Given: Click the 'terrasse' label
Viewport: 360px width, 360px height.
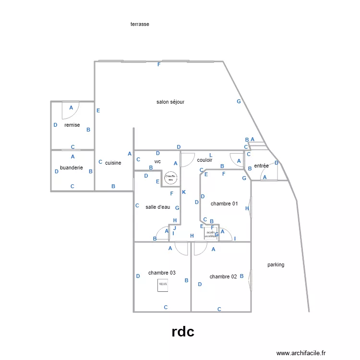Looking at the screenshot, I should pyautogui.click(x=140, y=24).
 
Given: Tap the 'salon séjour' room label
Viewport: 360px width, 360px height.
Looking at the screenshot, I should pyautogui.click(x=170, y=102).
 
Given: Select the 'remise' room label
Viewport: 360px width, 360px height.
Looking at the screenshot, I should pyautogui.click(x=72, y=125).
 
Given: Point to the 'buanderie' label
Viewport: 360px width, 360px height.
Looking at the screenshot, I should pyautogui.click(x=72, y=168).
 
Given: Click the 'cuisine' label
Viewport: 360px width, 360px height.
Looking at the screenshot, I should pyautogui.click(x=113, y=163).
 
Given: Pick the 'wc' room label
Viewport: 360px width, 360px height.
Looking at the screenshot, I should pyautogui.click(x=157, y=161).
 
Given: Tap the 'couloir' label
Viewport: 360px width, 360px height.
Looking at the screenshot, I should pyautogui.click(x=204, y=160).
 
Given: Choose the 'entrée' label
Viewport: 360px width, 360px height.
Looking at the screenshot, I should pyautogui.click(x=261, y=166).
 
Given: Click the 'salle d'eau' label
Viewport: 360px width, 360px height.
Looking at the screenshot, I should pyautogui.click(x=158, y=207).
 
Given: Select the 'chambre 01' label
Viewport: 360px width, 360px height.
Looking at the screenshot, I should pyautogui.click(x=224, y=204).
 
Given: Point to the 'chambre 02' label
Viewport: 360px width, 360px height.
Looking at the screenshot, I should pyautogui.click(x=223, y=276).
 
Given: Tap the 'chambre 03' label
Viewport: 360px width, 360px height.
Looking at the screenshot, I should pyautogui.click(x=162, y=273).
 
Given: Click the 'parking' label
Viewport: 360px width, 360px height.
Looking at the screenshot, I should pyautogui.click(x=276, y=264).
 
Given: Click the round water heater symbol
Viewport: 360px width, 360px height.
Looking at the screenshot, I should pyautogui.click(x=170, y=178).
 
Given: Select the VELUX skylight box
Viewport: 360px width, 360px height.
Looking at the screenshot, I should pyautogui.click(x=163, y=285).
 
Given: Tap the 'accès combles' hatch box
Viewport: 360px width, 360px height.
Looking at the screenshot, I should pyautogui.click(x=211, y=233).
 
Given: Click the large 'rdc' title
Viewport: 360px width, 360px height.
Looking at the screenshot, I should pyautogui.click(x=183, y=332).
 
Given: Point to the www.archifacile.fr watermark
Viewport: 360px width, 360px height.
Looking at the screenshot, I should pyautogui.click(x=301, y=353).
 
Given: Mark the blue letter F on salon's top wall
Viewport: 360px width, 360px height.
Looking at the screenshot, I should pyautogui.click(x=159, y=64).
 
